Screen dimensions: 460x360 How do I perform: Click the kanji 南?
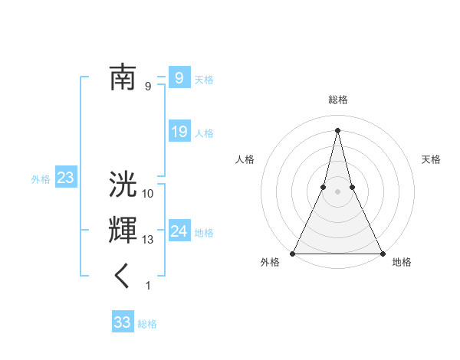pos(123,77)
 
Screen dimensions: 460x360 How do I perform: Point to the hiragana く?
pos(123,277)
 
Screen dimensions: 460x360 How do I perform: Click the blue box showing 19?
pos(179,132)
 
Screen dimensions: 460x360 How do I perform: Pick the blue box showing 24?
pos(179,231)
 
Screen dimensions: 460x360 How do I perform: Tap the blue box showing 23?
pos(65,178)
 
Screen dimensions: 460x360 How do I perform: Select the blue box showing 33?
pos(122,322)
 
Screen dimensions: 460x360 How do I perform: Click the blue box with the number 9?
pos(179,77)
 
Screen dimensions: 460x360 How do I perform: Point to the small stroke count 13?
pos(148,240)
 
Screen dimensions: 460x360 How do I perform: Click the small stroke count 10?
pos(148,194)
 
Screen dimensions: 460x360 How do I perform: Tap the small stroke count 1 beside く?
pos(148,286)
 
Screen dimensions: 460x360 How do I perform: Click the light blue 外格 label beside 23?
pos(41,179)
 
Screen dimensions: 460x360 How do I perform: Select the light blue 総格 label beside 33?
pos(147,323)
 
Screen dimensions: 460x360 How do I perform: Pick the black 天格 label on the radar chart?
pos(431,159)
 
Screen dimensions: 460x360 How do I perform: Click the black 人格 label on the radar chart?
pos(245,159)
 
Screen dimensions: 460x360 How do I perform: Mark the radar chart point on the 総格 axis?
pos(337,129)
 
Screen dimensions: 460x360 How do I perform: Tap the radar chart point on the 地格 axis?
pos(382,253)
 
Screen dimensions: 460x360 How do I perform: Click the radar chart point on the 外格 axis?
pos(293,253)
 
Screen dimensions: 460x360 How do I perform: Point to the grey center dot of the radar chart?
pos(337,191)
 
